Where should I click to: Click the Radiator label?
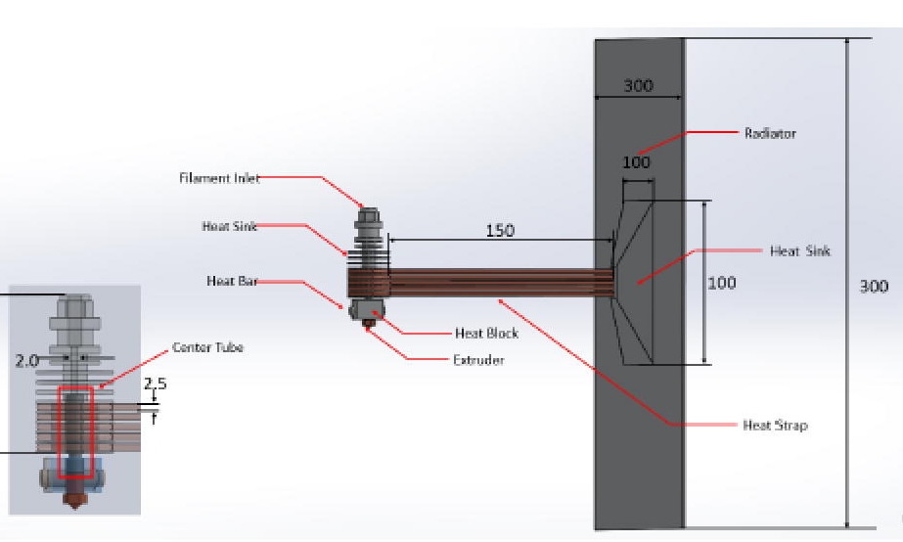[770, 133]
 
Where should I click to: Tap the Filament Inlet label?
[219, 178]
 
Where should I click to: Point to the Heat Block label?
[486, 333]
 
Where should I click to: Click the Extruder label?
[478, 360]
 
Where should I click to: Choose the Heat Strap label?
[775, 425]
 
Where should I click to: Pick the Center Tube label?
[207, 347]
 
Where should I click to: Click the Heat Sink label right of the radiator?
[799, 251]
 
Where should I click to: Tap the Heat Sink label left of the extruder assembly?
[230, 226]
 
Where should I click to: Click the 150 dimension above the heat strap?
[500, 231]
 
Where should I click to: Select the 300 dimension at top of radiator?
[638, 86]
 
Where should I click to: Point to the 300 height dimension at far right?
[873, 286]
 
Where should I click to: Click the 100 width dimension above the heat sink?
[636, 162]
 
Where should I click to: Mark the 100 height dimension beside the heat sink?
[721, 283]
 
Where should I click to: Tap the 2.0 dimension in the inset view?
[26, 360]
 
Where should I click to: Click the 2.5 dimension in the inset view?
[155, 384]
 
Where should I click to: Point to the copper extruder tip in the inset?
[74, 499]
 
